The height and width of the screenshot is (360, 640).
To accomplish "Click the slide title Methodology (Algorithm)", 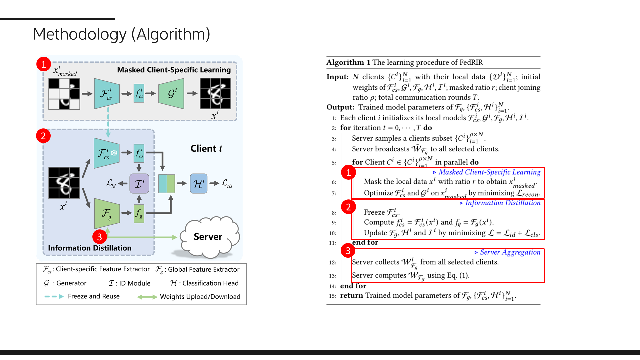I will [122, 34].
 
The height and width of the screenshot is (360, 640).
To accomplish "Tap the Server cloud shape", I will [208, 237].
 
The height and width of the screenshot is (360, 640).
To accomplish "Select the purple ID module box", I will [139, 183].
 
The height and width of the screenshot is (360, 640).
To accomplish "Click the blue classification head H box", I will [198, 183].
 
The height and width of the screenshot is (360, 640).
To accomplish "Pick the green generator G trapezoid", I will [172, 94].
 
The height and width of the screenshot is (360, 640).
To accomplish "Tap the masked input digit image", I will [64, 94].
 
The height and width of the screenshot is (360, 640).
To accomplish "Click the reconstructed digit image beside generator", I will [215, 94].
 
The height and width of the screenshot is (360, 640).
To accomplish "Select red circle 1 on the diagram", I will [44, 64].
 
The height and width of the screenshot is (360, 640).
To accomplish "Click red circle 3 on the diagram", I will [99, 237].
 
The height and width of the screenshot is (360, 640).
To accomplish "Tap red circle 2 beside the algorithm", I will [348, 207].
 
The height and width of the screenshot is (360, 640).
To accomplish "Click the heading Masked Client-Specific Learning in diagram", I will [174, 70].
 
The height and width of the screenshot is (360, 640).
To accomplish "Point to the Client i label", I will [206, 149].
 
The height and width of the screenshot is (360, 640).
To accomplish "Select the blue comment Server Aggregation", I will [510, 252].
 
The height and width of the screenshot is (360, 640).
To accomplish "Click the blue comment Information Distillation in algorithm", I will [502, 203].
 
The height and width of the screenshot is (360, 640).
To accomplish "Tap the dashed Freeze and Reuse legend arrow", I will [54, 296].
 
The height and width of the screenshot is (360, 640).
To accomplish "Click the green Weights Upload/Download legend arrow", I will [147, 297].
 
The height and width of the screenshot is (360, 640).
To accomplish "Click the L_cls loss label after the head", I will [227, 183].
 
